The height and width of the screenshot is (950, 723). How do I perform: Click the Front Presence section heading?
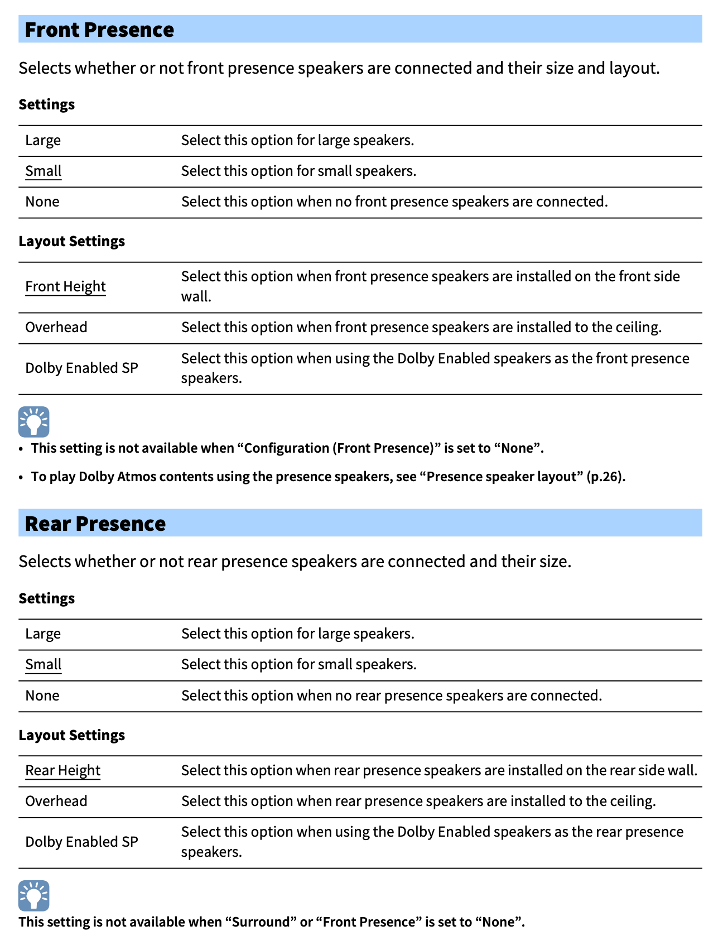point(99,30)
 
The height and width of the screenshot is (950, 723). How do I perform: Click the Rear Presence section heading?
point(95,524)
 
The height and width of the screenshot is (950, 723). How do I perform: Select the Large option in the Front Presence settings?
point(43,140)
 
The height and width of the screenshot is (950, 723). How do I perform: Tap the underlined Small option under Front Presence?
point(44,171)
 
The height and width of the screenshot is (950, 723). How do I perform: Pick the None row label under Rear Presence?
point(42,695)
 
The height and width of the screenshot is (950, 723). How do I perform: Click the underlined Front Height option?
point(65,286)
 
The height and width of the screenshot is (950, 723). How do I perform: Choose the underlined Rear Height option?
point(63,770)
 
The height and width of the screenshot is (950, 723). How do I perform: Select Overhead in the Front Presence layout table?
point(56,327)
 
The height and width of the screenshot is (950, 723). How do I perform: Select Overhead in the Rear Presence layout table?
point(56,801)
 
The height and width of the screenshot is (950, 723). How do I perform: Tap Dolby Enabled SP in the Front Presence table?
point(81,368)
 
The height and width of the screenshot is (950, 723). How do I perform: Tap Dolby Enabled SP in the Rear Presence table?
point(81,842)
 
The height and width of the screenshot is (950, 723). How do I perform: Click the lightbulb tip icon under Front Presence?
point(34,421)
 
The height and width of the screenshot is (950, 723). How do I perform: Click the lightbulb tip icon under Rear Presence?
point(34,895)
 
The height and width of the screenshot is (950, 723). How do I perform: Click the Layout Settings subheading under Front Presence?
point(71,241)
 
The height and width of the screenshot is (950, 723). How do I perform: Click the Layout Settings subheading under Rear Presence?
point(71,735)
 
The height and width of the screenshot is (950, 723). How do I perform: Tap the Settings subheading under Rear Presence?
point(46,598)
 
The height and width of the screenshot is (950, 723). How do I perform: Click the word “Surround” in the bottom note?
point(261,922)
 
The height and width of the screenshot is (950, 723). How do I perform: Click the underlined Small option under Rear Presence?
point(44,664)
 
